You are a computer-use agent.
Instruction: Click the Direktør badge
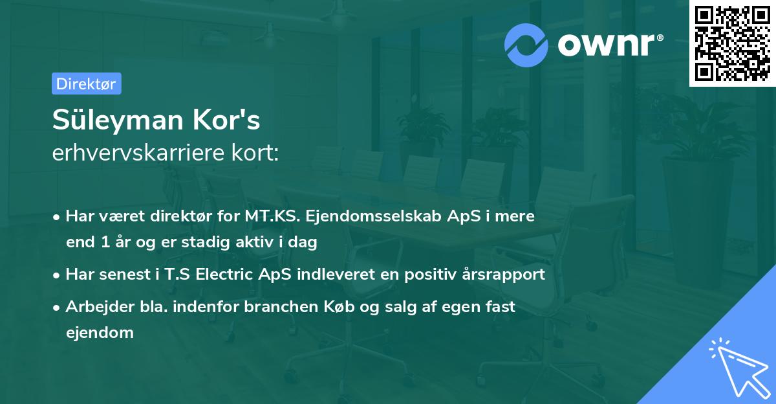pos(86,84)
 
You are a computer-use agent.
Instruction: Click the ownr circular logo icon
pos(526,45)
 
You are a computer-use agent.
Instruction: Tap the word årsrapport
pos(504,275)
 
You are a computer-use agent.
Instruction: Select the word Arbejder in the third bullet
pos(95,307)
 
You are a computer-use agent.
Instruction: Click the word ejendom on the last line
pos(100,333)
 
